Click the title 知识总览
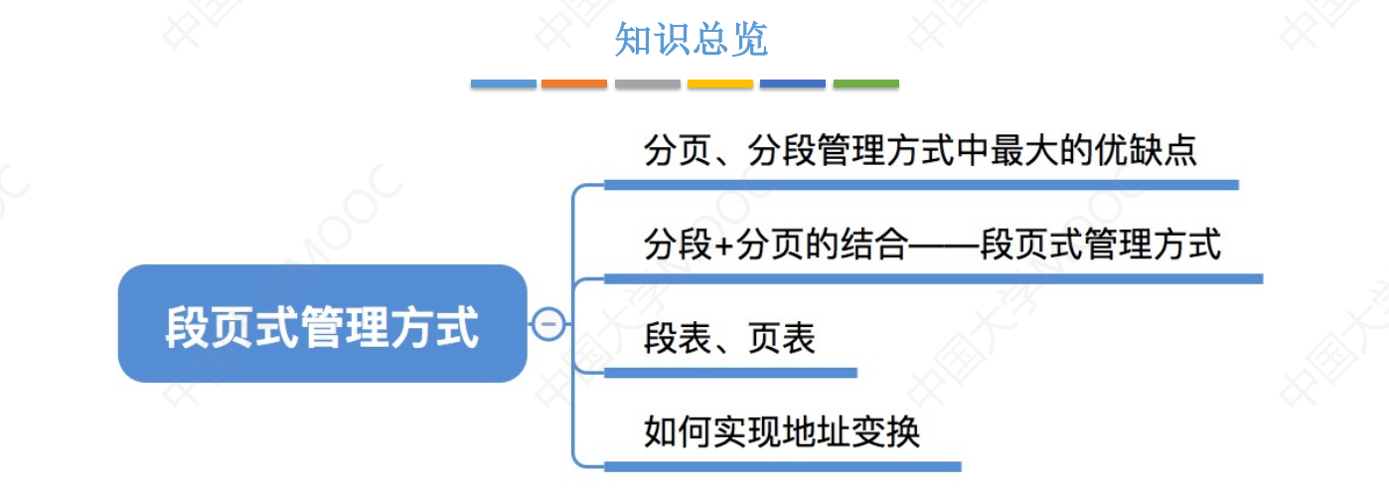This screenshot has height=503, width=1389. point(692,40)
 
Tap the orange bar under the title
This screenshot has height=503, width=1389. point(574,84)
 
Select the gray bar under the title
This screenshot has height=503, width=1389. point(647,84)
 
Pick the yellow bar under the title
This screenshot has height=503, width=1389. point(719,84)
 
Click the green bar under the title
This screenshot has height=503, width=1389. point(865,84)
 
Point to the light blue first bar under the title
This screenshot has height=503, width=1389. point(503,84)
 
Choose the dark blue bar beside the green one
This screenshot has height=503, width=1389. point(792,84)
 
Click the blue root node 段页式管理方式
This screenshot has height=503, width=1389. point(322,324)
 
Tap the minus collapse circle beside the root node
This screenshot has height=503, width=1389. point(547,324)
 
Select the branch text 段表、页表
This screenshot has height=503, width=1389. point(729,339)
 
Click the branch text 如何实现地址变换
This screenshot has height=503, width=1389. point(782,432)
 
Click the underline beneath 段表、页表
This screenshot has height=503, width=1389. point(730,373)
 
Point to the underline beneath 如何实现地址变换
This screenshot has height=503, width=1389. point(782,466)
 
